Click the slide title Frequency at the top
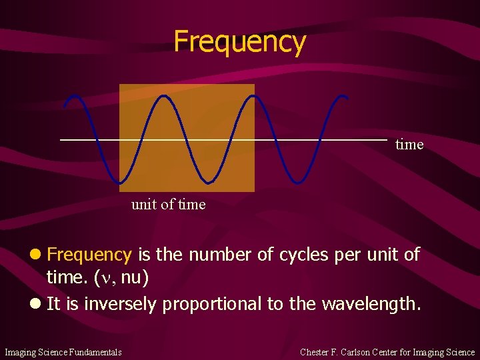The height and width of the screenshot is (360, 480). (x=239, y=41)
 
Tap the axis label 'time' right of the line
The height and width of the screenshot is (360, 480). (x=409, y=145)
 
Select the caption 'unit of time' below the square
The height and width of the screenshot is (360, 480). (x=168, y=205)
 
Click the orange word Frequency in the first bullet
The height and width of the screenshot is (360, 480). (x=89, y=255)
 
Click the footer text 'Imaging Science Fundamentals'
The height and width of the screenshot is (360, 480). (x=63, y=352)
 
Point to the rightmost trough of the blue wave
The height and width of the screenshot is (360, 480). (x=298, y=181)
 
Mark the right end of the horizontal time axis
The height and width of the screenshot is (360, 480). (x=386, y=140)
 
